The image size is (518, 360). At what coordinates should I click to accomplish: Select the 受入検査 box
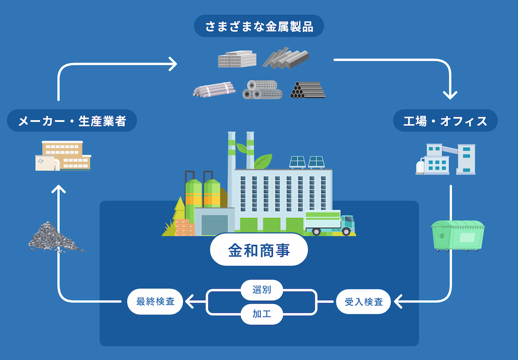[363, 301]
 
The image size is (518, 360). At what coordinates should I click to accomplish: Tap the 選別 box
[261, 289]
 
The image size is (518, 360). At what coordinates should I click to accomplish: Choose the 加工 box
[261, 314]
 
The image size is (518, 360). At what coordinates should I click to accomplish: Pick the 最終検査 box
[155, 301]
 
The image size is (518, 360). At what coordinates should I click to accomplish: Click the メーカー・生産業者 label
[71, 121]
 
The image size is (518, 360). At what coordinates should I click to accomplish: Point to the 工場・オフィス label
[445, 121]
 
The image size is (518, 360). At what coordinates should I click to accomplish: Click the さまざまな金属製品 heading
[258, 26]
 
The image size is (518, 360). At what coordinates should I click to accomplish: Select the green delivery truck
[329, 223]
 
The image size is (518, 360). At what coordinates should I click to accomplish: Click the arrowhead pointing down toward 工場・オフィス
[450, 94]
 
